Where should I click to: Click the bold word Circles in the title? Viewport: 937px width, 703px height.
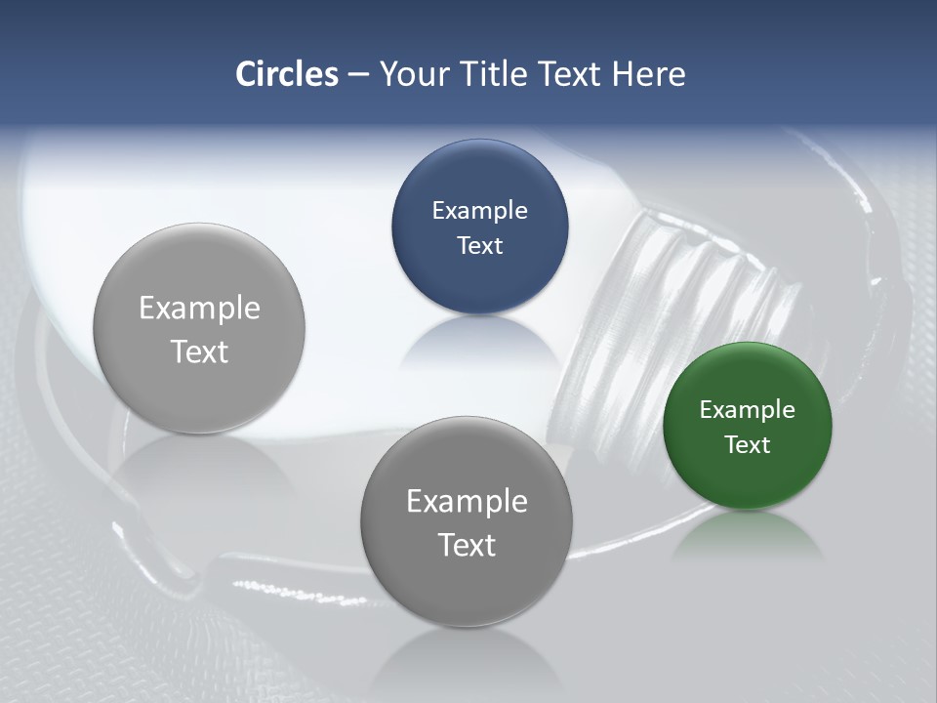point(287,74)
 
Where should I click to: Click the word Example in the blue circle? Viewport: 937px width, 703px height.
point(479,211)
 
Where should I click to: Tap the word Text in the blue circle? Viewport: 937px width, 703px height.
point(479,245)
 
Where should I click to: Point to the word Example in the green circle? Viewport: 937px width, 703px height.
point(748,410)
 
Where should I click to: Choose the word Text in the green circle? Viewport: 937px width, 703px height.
point(748,444)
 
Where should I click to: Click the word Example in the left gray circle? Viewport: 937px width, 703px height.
point(199,308)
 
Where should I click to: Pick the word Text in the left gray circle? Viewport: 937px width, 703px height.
point(199,351)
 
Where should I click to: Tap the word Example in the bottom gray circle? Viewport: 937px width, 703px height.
point(467,501)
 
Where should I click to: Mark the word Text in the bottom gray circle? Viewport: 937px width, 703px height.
point(467,545)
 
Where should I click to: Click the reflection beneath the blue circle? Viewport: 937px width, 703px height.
point(479,342)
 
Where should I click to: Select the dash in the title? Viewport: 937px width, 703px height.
point(358,74)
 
